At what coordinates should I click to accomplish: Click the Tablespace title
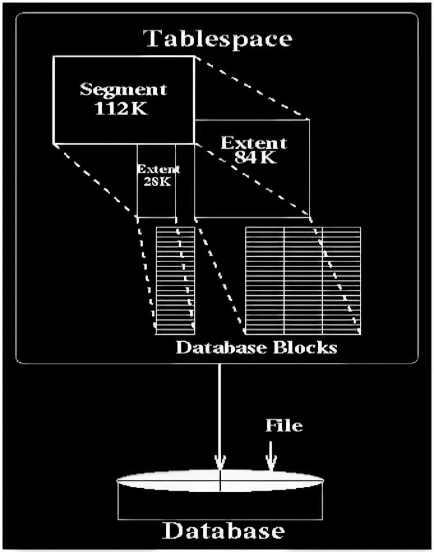pyautogui.click(x=218, y=38)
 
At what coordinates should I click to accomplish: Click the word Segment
pyautogui.click(x=123, y=89)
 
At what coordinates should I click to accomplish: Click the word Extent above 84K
pyautogui.click(x=253, y=142)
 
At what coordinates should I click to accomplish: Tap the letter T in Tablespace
pyautogui.click(x=151, y=38)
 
